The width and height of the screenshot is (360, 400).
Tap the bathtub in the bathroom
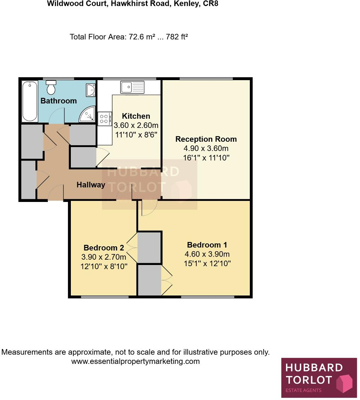click(x=30, y=101)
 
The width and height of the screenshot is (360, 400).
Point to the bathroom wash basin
click(x=90, y=90)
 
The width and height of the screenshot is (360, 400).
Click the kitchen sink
click(x=132, y=87)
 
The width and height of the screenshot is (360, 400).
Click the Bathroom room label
click(x=58, y=101)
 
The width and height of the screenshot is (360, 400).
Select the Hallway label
click(x=91, y=185)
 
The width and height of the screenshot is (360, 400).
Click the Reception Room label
click(x=206, y=139)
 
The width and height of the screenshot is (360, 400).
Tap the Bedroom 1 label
click(x=207, y=245)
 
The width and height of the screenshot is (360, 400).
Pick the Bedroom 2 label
click(x=103, y=248)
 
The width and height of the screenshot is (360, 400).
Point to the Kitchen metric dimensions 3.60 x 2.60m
click(x=136, y=125)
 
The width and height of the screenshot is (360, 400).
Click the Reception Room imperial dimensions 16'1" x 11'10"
click(x=206, y=158)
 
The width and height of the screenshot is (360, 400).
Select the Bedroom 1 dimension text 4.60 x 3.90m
click(x=207, y=254)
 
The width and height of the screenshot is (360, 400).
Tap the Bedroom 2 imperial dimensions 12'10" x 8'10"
click(x=103, y=266)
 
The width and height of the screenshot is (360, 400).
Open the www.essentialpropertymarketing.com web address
click(x=135, y=362)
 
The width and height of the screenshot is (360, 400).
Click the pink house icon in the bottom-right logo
click(x=344, y=383)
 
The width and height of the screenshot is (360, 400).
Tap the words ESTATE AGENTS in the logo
click(x=304, y=390)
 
